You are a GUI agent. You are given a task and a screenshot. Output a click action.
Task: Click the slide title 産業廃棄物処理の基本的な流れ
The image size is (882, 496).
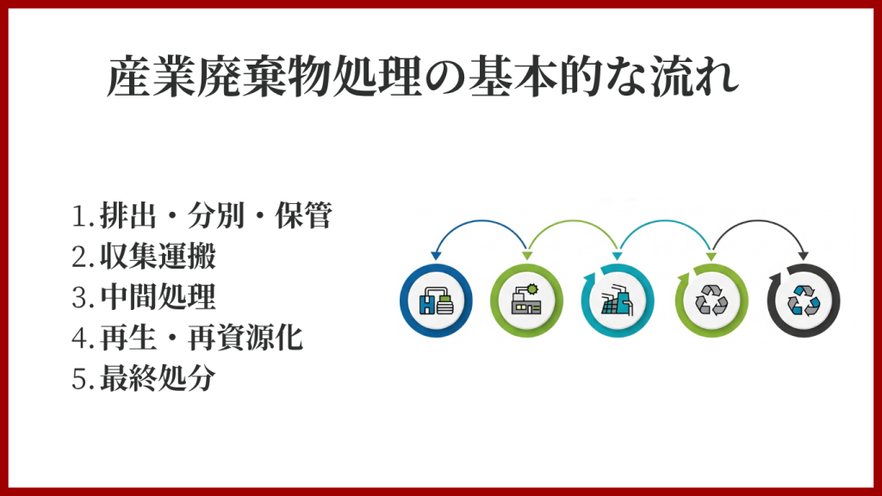[x=422, y=77]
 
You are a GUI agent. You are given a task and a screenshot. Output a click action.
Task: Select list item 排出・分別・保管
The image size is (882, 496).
[x=216, y=215]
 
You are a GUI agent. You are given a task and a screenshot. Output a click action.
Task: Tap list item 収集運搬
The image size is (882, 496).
[x=158, y=257]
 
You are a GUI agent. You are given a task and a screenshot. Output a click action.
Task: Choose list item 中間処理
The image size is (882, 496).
[x=158, y=297]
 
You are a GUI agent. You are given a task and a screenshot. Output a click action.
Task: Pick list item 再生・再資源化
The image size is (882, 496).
[x=202, y=338]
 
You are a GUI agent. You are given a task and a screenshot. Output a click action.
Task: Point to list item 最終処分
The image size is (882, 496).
[x=158, y=378]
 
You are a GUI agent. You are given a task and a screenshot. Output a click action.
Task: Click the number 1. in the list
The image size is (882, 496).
[x=83, y=216]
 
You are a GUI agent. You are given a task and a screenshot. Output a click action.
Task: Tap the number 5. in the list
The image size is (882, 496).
[x=83, y=379]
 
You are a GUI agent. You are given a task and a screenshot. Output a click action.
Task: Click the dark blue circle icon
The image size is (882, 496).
[x=436, y=301]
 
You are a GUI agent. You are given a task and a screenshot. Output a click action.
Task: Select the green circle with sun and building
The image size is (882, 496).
[x=526, y=301]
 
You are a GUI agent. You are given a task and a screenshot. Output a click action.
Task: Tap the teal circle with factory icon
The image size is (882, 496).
[x=618, y=301]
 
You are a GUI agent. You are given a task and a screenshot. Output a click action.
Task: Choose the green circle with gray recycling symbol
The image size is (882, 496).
[x=711, y=301]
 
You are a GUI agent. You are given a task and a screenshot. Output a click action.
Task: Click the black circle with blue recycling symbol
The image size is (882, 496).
[x=804, y=301]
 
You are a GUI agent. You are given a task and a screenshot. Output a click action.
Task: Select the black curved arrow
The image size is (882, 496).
[x=760, y=221]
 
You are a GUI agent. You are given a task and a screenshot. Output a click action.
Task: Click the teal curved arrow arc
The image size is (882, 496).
[x=664, y=221]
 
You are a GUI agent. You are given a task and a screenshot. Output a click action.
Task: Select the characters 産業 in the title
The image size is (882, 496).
[x=151, y=77]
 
